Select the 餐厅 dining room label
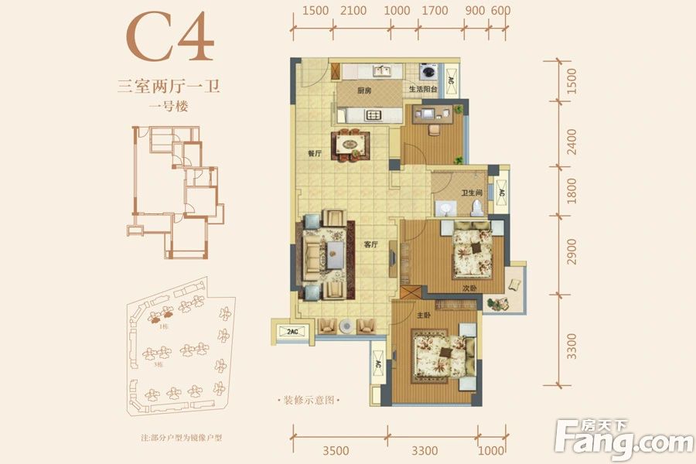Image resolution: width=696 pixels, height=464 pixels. pyautogui.click(x=314, y=153)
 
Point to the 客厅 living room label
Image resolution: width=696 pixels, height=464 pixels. pyautogui.click(x=370, y=244)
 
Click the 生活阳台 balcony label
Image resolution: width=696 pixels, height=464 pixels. pyautogui.click(x=424, y=90)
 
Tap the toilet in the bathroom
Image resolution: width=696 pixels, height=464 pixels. pyautogui.click(x=477, y=206)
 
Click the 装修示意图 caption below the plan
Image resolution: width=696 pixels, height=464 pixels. pyautogui.click(x=308, y=400)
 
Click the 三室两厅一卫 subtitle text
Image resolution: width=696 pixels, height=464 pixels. pyautogui.click(x=169, y=87)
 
